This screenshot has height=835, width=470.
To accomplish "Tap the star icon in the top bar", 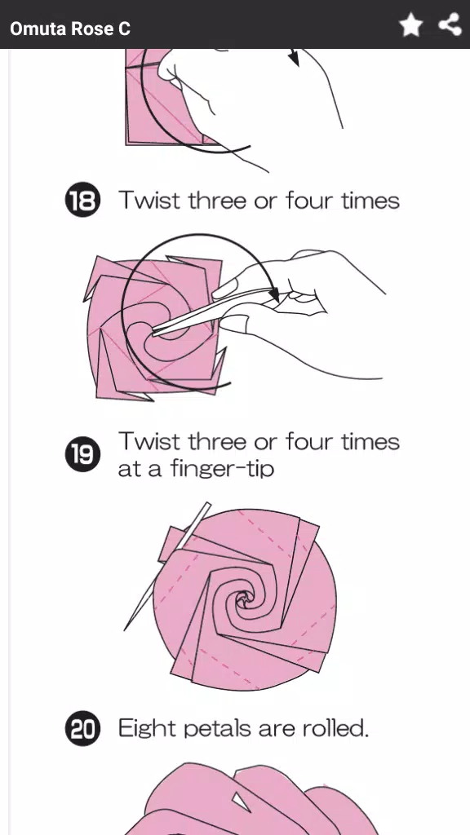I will pos(411,25).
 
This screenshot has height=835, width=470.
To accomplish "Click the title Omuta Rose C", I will pos(70,29).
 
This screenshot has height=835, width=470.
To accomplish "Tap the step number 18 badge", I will pos(82,201).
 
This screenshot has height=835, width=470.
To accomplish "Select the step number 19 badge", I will pos(82,454).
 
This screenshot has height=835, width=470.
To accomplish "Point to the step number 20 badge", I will pos(82,728).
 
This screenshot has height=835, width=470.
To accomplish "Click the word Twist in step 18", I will pos(150,200).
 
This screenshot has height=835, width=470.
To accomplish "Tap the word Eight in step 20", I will pos(145,727).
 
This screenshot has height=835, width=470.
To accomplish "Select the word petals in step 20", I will pos(207,727).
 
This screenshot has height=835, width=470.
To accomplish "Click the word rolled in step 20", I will pos(335,727).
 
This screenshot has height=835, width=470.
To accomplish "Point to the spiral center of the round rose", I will pos(243,602).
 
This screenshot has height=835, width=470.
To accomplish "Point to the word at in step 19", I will pos(128,470).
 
